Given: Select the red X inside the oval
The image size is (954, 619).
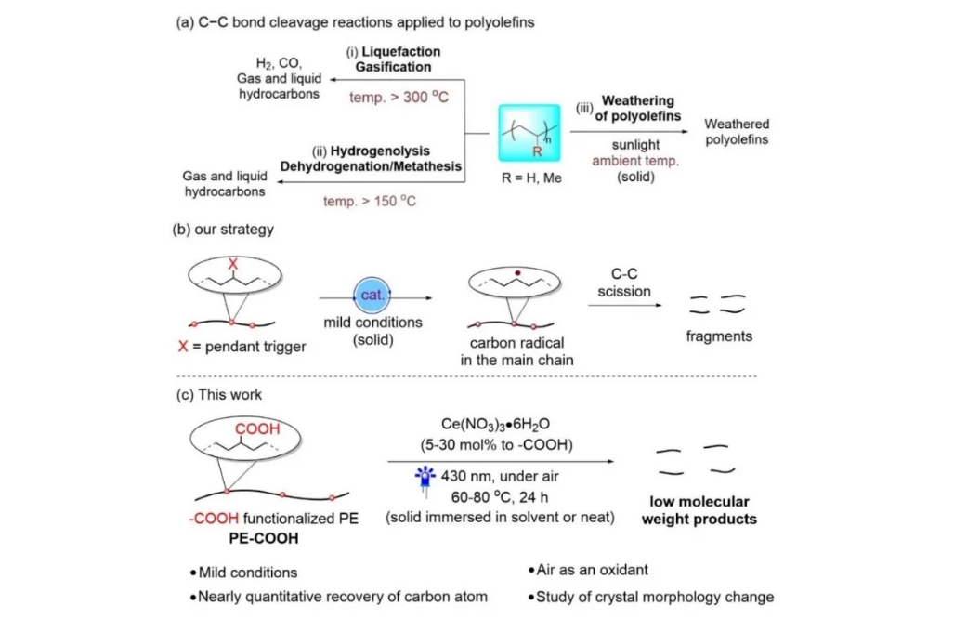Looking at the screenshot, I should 232,263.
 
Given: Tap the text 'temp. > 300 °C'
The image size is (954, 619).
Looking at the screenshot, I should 399,96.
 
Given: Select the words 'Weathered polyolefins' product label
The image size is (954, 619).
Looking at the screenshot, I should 737,132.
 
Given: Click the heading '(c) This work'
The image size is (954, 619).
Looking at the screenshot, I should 219,394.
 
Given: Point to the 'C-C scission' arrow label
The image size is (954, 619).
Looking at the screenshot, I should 624,283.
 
